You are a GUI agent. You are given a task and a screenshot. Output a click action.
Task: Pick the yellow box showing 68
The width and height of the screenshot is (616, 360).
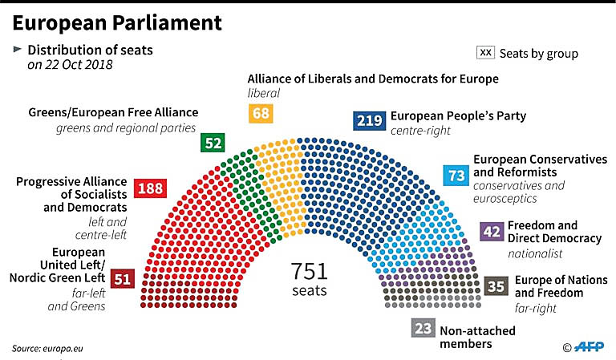pos(261,113)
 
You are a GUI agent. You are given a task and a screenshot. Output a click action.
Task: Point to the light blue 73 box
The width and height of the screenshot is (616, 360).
pos(456,174)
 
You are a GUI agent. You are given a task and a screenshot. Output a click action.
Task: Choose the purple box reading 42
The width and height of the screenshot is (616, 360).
pos(492,233)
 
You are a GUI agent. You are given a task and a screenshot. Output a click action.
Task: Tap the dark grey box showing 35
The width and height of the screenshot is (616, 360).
pos(496,285)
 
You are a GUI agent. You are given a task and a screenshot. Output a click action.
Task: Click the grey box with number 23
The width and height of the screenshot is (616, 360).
pos(423,329)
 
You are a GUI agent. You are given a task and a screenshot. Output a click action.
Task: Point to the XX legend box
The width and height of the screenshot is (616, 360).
pos(485,53)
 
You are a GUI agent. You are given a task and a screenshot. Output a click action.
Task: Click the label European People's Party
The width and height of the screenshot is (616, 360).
pos(458,115)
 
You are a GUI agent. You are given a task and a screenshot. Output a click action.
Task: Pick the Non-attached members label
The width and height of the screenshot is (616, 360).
pos(477,337)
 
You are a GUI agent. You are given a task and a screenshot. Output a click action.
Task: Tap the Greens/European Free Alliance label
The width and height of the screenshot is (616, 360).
pos(113,112)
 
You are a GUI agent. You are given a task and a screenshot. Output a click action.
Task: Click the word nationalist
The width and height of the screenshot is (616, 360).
pos(535,253)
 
